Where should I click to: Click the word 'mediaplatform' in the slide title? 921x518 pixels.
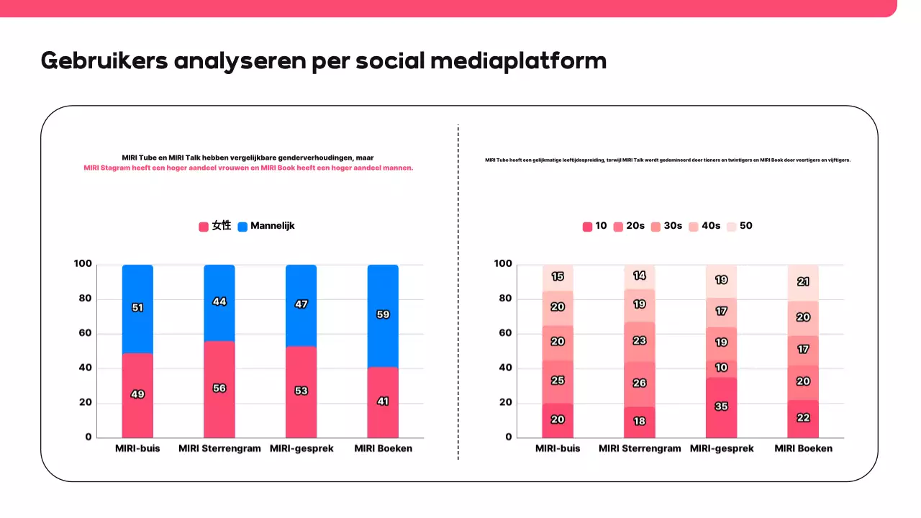point(518,61)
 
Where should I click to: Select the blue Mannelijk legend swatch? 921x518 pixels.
point(242,227)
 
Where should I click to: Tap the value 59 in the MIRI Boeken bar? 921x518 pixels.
point(383,314)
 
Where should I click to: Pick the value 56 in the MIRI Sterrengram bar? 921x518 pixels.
point(219,388)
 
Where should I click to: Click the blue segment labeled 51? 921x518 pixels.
point(137,308)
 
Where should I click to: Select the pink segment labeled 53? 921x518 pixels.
point(301,391)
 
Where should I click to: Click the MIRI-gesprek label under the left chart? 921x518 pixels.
point(301,448)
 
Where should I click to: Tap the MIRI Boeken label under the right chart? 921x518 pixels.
point(803,448)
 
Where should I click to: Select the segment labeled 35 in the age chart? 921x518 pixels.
point(721,406)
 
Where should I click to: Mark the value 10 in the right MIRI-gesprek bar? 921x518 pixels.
point(721,368)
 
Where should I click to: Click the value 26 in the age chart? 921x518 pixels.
point(639,383)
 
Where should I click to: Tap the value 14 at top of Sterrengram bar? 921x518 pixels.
point(639,276)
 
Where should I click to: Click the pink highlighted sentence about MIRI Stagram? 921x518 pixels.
point(248,168)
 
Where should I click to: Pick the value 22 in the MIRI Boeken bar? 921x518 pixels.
point(803,418)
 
